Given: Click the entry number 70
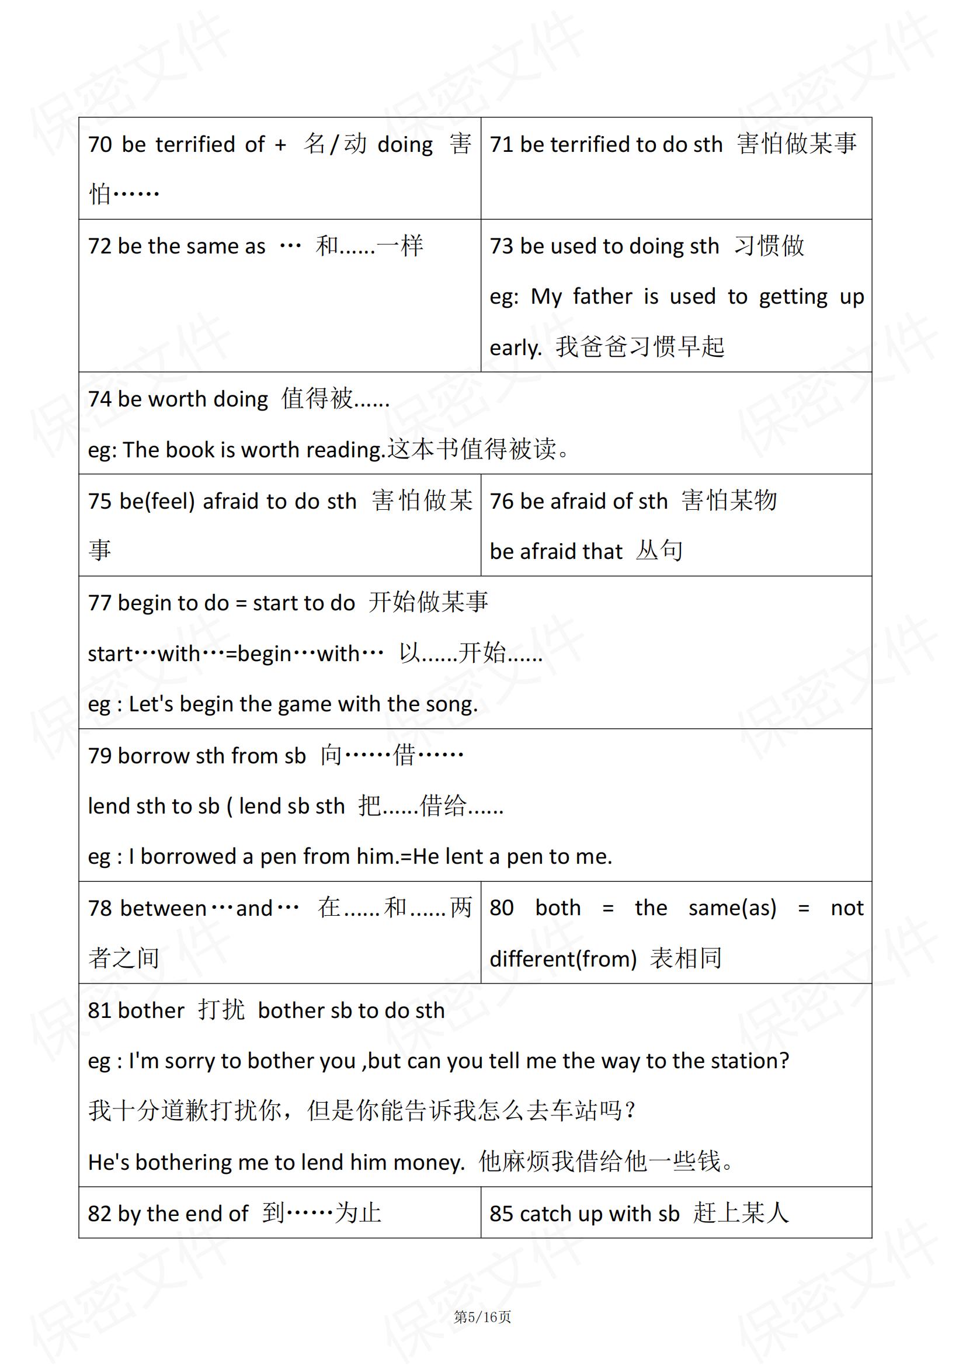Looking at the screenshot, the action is click(x=99, y=145).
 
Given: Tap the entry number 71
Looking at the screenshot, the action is click(x=501, y=145).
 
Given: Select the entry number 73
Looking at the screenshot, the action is click(x=501, y=246).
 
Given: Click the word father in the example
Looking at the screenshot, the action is click(x=602, y=297).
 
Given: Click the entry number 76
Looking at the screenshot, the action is click(x=501, y=502).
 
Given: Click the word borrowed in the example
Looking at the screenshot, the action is click(x=188, y=857).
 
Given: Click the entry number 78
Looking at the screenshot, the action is click(x=99, y=909).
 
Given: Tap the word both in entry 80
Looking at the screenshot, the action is click(x=557, y=908).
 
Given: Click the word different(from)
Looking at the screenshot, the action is click(x=562, y=959).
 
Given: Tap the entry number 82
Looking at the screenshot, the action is click(x=99, y=1214).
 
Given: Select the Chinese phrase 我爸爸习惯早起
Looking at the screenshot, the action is click(x=640, y=347).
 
